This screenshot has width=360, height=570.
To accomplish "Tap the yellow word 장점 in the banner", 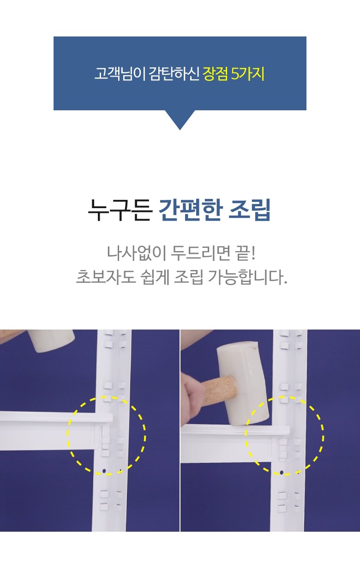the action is point(215,73).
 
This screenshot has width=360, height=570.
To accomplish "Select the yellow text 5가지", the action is point(248,73).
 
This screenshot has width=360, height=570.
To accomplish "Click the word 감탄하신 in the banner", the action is point(174,73).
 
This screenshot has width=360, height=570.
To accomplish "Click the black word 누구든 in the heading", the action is point(120,210).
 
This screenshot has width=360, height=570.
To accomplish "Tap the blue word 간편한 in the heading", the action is point(191,210).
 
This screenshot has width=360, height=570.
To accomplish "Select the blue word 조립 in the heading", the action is point(249,210).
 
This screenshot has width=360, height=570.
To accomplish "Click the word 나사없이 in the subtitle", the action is point(136,253).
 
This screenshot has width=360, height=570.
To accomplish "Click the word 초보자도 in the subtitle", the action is point(106,276).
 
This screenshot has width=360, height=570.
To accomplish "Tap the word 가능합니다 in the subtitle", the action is point(247,276).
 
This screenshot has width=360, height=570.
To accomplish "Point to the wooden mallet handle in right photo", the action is point(219,390).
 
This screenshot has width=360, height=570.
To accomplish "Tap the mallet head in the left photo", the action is point(52,341).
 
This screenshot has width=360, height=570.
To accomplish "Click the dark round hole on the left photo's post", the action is point(104,471).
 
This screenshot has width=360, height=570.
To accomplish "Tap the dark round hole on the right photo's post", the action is point(282,473).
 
